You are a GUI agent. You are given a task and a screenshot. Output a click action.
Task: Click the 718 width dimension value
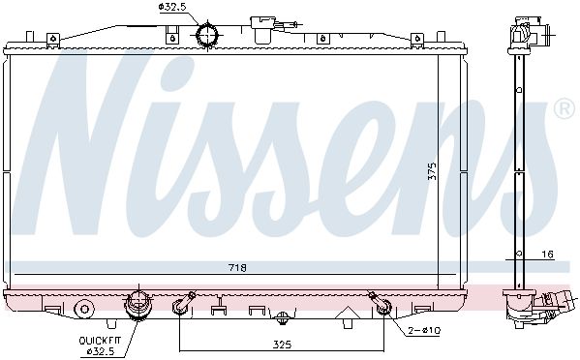pos(237,268)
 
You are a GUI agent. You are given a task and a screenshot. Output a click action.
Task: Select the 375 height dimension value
pos(432,171)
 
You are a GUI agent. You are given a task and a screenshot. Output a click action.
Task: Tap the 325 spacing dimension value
pos(282,345)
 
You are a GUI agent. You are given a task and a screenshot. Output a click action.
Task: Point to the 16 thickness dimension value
pos(548,255)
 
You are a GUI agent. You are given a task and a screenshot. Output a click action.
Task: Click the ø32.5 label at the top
pos(172,7)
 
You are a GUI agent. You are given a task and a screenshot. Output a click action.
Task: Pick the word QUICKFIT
pos(100,341)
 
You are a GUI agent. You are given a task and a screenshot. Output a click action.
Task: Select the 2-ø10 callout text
pos(424,330)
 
